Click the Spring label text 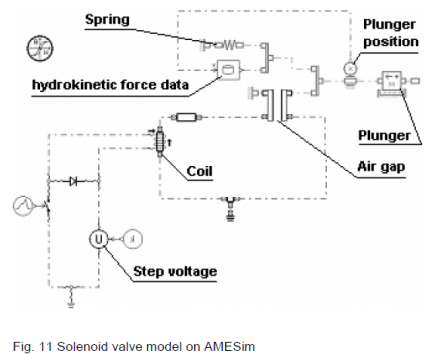pos(107,20)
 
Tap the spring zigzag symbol pos(230,45)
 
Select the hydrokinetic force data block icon pos(229,70)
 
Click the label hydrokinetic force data pos(110,85)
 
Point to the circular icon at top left pos(40,49)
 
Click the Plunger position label pos(390,33)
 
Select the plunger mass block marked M pos(392,82)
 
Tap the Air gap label pos(381,166)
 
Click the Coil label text pos(199,171)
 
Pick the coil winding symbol pos(160,142)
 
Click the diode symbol pos(74,181)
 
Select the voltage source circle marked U pos(99,239)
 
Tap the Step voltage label pos(175,271)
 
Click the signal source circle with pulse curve pos(23,206)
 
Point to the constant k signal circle pos(133,239)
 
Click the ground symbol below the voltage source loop pos(71,297)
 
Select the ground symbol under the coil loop pos(230,210)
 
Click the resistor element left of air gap pos(187,117)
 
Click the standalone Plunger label pos(384,136)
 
